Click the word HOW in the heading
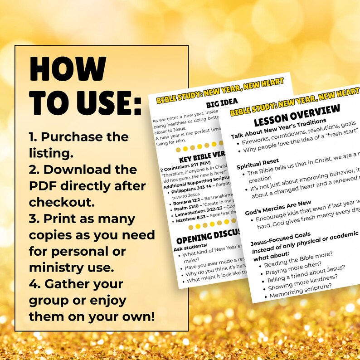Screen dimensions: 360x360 [68, 71]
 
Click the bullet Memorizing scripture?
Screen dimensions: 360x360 [301, 290]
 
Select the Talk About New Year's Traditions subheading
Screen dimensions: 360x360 [278, 129]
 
